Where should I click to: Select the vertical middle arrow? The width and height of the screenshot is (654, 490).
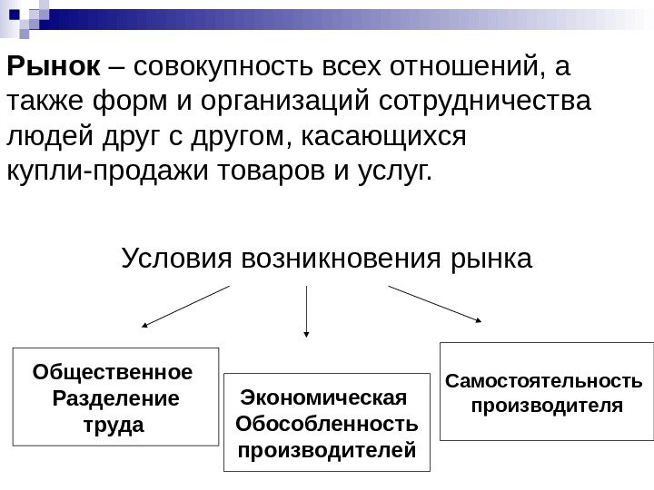coord(308,313)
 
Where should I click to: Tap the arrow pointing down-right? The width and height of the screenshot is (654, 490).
coord(434,303)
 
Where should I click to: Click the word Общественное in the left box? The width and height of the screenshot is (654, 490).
coord(113,372)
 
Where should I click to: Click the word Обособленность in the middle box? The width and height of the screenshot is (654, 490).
coord(326,423)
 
